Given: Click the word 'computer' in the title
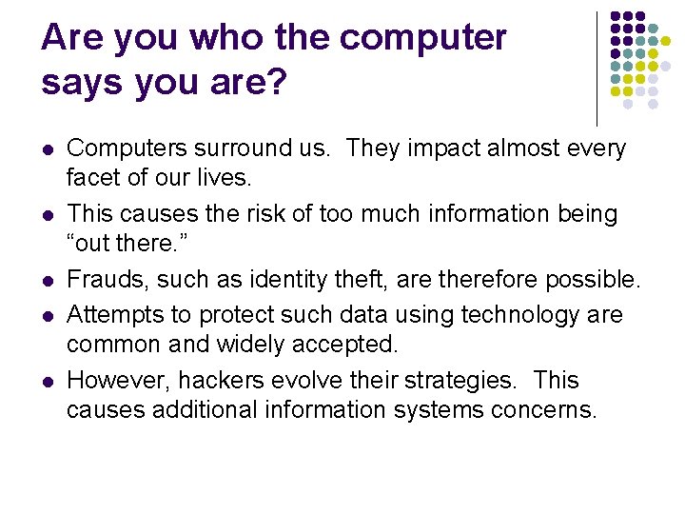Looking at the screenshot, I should [x=422, y=39].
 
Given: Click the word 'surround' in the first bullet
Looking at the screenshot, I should [x=228, y=148].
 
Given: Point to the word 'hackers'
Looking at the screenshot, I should [x=224, y=381].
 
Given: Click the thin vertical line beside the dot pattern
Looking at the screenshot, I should [x=597, y=67].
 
